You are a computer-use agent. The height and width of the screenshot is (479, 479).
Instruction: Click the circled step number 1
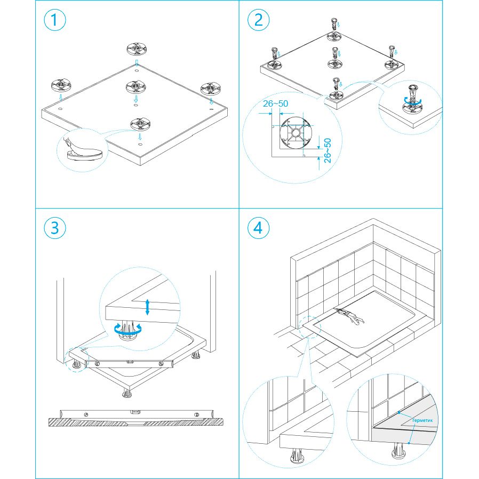(x=55, y=20)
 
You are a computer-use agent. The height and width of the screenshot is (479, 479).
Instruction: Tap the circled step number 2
(x=258, y=20)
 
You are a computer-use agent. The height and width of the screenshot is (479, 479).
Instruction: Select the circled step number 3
(x=55, y=228)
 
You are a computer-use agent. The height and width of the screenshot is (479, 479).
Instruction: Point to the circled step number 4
(x=258, y=228)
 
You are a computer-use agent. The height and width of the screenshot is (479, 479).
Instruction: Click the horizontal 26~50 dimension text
(x=276, y=104)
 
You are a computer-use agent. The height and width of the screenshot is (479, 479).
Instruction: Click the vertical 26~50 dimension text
(x=327, y=150)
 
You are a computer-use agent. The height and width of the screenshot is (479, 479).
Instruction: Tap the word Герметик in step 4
(x=422, y=420)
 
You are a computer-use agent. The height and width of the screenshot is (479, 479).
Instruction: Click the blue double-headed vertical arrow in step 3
(x=148, y=307)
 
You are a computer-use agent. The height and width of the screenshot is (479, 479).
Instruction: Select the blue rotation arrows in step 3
(x=128, y=329)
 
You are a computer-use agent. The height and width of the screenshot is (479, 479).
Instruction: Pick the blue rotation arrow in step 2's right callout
(x=413, y=101)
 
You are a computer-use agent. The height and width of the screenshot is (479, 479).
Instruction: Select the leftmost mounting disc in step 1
(x=61, y=85)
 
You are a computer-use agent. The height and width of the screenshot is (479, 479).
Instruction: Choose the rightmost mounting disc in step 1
(x=211, y=89)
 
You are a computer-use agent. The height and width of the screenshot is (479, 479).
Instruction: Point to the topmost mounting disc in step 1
(x=137, y=49)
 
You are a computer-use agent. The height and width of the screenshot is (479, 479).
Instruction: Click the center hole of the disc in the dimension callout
(x=296, y=133)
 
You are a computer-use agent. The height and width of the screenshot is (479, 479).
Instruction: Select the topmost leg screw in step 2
(x=334, y=24)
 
